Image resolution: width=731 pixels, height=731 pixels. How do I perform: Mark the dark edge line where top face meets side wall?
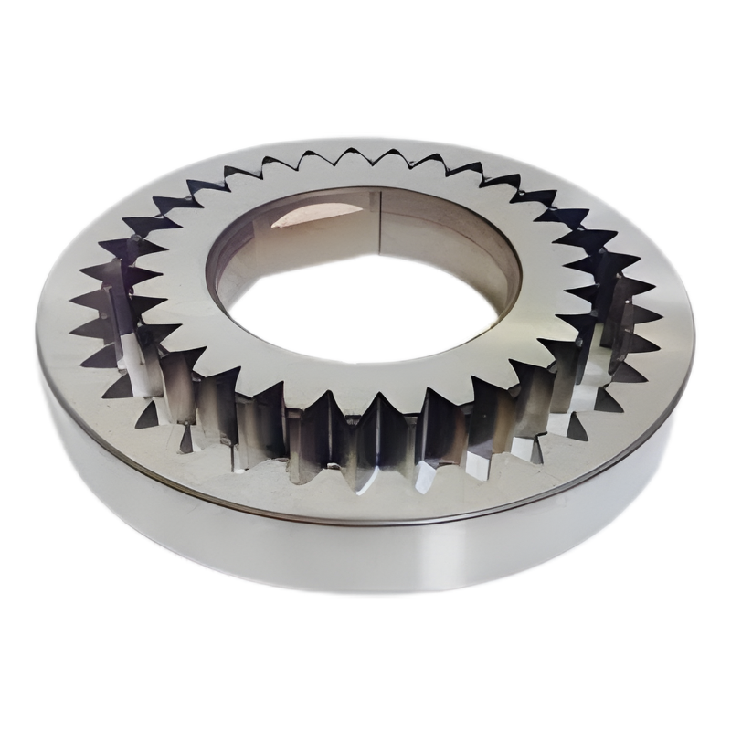click(x=365, y=523)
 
